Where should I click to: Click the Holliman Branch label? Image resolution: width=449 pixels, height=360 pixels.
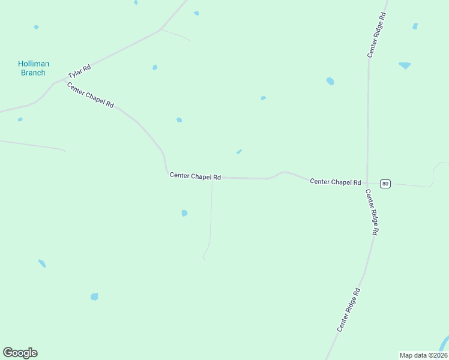pyautogui.click(x=33, y=68)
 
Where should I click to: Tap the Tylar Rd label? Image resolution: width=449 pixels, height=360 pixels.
pyautogui.click(x=79, y=71)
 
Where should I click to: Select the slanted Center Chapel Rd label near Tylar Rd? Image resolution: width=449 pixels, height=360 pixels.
pyautogui.click(x=91, y=95)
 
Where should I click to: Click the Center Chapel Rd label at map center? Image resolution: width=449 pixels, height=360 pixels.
pyautogui.click(x=195, y=176)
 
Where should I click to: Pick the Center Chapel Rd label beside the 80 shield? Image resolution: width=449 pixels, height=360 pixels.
pyautogui.click(x=335, y=182)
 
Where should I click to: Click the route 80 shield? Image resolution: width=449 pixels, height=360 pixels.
pyautogui.click(x=385, y=184)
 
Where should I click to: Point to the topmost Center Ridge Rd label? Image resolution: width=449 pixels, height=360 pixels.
pyautogui.click(x=376, y=34)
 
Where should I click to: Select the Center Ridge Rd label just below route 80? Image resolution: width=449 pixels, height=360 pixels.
pyautogui.click(x=372, y=212)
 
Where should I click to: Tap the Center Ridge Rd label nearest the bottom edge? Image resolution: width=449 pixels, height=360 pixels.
pyautogui.click(x=348, y=310)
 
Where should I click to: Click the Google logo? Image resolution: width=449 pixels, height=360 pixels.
pyautogui.click(x=20, y=353)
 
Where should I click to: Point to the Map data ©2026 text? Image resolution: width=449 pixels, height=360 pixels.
pyautogui.click(x=423, y=355)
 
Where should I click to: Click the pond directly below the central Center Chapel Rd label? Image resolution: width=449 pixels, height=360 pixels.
pyautogui.click(x=184, y=213)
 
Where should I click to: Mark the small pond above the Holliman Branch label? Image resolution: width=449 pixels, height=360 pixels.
pyautogui.click(x=37, y=27)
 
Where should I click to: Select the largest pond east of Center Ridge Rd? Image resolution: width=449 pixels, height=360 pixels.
pyautogui.click(x=405, y=65)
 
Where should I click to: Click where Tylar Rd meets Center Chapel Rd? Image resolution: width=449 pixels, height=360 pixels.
pyautogui.click(x=64, y=80)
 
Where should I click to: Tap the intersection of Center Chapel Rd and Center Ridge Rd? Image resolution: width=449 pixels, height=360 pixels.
pyautogui.click(x=367, y=182)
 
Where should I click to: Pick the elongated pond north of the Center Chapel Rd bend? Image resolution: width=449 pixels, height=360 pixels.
pyautogui.click(x=239, y=152)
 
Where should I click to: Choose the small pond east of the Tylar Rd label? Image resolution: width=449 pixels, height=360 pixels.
pyautogui.click(x=155, y=67)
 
